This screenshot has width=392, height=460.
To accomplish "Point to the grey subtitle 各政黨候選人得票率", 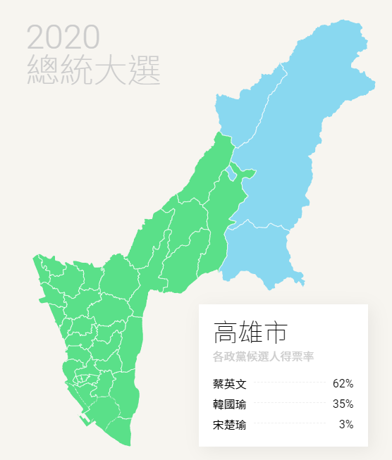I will click(263, 357).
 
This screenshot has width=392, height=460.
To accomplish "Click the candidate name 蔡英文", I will click(229, 384).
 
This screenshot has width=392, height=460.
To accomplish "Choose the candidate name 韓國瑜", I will click(229, 404).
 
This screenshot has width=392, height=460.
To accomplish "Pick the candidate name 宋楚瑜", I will click(229, 425).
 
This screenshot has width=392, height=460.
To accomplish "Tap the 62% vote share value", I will click(343, 384).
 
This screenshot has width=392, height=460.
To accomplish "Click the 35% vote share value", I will click(343, 404).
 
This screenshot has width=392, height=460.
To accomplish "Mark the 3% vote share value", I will click(346, 425).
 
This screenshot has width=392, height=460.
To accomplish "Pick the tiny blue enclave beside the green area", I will click(231, 172).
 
